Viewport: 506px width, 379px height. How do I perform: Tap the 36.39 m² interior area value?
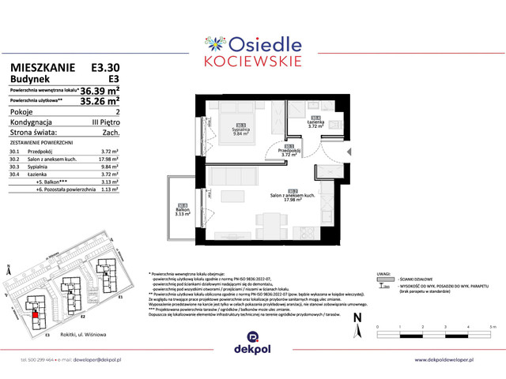pos(97,90)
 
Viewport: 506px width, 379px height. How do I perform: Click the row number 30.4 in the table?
pos(14,174)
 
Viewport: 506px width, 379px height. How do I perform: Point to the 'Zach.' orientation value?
pos(111,133)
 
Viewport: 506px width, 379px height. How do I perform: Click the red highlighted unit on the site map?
pos(35,316)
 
